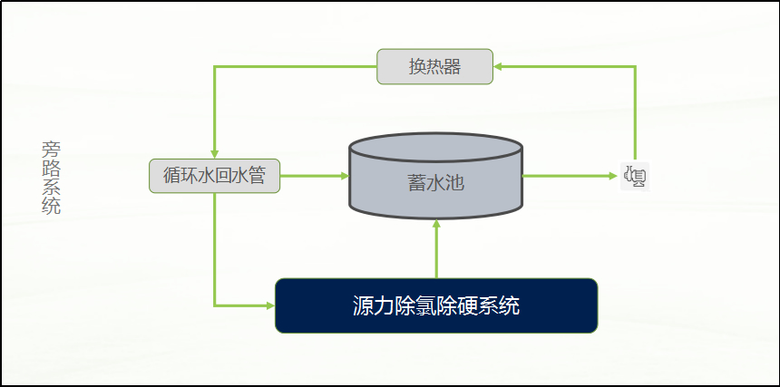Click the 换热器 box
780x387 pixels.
pyautogui.click(x=434, y=66)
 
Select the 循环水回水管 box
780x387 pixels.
pyautogui.click(x=214, y=176)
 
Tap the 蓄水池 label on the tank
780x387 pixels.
pyautogui.click(x=435, y=183)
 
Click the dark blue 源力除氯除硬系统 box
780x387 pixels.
pyautogui.click(x=436, y=305)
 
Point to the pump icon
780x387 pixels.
pyautogui.click(x=635, y=176)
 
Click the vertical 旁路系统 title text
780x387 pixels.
pyautogui.click(x=51, y=178)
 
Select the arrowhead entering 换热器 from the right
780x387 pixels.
pyautogui.click(x=497, y=66)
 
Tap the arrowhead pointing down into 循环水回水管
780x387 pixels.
pyautogui.click(x=214, y=154)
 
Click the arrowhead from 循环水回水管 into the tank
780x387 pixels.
pyautogui.click(x=345, y=176)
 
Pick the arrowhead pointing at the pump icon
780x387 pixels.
pyautogui.click(x=613, y=176)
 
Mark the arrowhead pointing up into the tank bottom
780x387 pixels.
pyautogui.click(x=437, y=224)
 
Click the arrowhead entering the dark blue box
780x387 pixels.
pyautogui.click(x=270, y=305)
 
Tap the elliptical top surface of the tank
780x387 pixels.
pyautogui.click(x=435, y=147)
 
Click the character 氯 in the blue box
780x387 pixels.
pyautogui.click(x=419, y=305)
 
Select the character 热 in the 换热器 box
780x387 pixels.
pyautogui.click(x=434, y=66)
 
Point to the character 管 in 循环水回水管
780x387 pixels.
pyautogui.click(x=257, y=176)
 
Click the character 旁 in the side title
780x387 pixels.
pyautogui.click(x=51, y=150)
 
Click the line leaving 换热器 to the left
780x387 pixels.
pyautogui.click(x=296, y=66)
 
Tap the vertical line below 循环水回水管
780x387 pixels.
pyautogui.click(x=214, y=249)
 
